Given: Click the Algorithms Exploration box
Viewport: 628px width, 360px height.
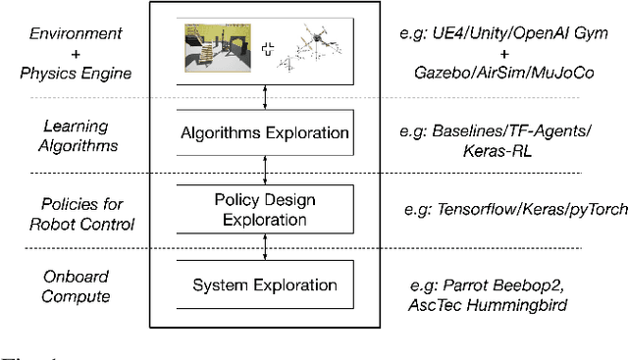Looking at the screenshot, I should (x=265, y=132).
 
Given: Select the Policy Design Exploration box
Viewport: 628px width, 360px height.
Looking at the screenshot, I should (x=265, y=208).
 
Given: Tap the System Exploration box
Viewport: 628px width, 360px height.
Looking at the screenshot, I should (x=265, y=285).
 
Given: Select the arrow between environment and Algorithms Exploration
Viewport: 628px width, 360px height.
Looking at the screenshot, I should (x=265, y=94).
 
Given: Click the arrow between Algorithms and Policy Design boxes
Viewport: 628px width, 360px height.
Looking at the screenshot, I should (x=265, y=170).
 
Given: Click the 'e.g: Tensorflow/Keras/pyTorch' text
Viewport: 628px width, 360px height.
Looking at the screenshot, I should (x=515, y=209).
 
